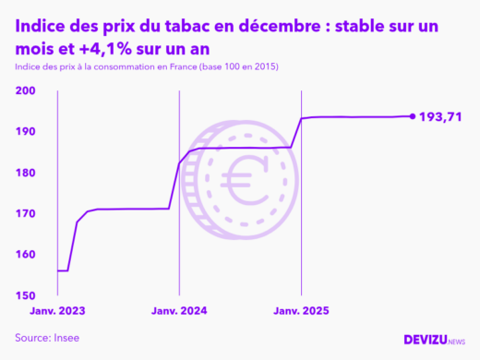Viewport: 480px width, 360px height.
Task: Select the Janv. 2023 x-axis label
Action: [x=57, y=311]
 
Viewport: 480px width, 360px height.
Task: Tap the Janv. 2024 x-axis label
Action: [x=178, y=311]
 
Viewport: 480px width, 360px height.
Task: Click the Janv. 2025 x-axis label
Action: [x=301, y=311]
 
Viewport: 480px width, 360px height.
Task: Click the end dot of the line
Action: [x=412, y=116]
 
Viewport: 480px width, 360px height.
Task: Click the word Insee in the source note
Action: [x=66, y=338]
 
